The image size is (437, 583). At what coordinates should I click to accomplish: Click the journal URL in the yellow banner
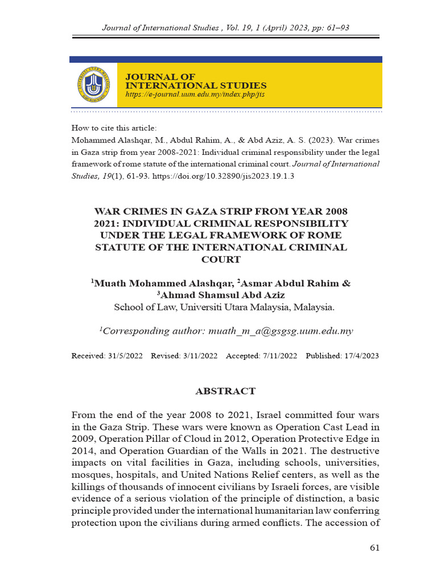195,95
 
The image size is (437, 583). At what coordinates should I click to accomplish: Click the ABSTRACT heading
225,391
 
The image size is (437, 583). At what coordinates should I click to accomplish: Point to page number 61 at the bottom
374,548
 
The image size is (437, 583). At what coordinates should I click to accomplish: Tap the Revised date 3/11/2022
201,356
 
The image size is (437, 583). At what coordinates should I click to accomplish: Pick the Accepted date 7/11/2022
278,356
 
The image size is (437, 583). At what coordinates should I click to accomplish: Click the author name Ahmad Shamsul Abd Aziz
222,295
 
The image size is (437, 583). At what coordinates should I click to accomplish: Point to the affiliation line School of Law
224,307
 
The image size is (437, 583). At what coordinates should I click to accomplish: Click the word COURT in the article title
221,260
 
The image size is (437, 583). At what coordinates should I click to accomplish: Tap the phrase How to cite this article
114,128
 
